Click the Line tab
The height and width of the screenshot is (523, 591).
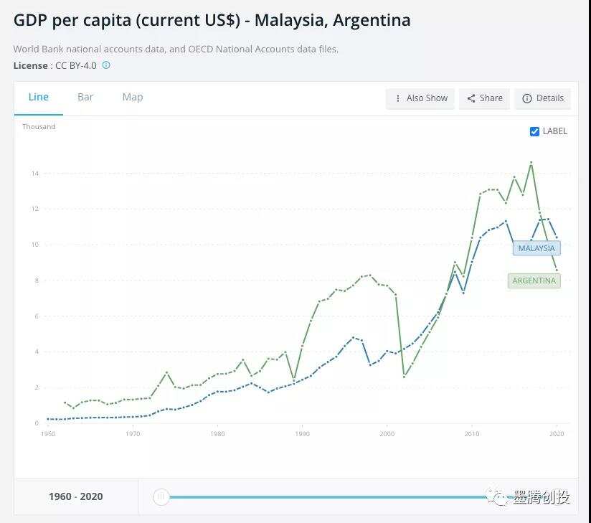[39, 98]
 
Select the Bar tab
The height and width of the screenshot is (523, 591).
[85, 98]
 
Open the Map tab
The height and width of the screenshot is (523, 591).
[133, 98]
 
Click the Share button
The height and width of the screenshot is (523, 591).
[485, 98]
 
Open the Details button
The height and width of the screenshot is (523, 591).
[543, 98]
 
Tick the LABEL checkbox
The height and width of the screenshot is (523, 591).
[534, 131]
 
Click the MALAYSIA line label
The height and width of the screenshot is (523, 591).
[536, 248]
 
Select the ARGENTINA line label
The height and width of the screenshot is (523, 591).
[534, 281]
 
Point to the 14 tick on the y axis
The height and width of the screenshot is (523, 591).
[34, 174]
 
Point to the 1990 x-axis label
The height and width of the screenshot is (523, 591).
[303, 434]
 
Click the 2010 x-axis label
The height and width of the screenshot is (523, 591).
[471, 434]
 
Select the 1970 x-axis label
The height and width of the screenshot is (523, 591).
[133, 434]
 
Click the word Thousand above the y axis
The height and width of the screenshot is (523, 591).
[39, 127]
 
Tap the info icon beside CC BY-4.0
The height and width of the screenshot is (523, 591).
[106, 65]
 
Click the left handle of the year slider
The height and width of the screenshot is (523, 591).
[161, 496]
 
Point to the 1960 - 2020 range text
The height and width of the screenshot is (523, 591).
[76, 496]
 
